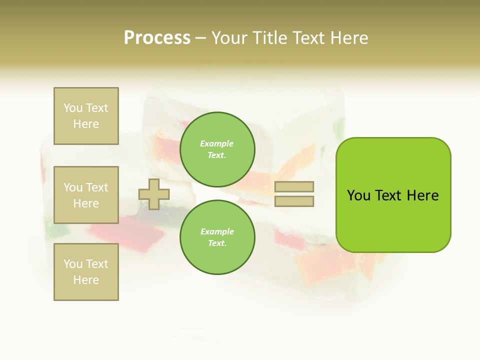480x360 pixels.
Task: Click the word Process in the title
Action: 157,38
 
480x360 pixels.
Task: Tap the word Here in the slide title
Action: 348,38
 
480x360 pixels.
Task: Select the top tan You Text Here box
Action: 86,116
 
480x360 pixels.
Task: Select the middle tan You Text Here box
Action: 86,195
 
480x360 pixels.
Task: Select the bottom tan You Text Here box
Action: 86,272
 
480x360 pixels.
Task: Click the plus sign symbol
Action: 153,194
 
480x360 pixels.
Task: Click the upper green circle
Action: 217,149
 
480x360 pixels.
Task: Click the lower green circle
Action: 217,237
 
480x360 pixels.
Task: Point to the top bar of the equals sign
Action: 294,186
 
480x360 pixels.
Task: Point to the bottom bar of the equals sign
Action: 294,201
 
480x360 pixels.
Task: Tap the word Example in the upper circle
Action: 216,144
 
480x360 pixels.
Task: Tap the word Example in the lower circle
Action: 216,232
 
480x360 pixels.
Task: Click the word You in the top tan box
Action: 73,108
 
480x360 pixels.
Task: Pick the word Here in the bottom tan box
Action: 86,280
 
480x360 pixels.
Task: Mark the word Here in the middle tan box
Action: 86,203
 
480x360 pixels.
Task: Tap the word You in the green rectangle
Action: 358,195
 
